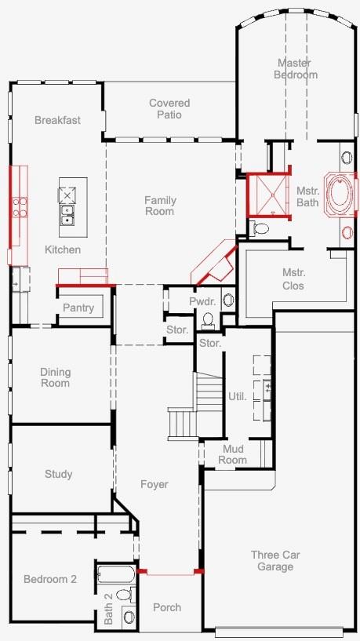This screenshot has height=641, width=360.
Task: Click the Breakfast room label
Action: click(57, 120)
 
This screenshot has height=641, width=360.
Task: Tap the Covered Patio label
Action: click(169, 109)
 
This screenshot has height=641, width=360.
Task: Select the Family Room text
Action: click(160, 206)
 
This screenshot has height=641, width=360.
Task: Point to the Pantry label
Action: click(78, 308)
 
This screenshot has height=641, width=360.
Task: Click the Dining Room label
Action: click(55, 377)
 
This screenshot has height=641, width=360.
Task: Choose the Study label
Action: click(59, 474)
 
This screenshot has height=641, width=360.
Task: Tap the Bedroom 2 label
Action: click(50, 579)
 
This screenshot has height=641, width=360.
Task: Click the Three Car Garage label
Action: click(275, 561)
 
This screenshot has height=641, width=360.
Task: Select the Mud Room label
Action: click(232, 454)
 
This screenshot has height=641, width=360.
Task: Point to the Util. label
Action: click(238, 396)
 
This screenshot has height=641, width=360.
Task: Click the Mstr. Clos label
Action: click(293, 279)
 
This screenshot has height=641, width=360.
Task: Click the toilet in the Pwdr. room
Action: click(209, 319)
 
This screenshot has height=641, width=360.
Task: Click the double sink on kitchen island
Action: click(67, 215)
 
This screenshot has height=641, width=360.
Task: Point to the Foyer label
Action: click(155, 484)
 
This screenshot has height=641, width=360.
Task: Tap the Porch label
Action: click(167, 608)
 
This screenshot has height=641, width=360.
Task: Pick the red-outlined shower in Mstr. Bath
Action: click(269, 195)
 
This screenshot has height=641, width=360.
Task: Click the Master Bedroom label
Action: click(296, 69)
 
